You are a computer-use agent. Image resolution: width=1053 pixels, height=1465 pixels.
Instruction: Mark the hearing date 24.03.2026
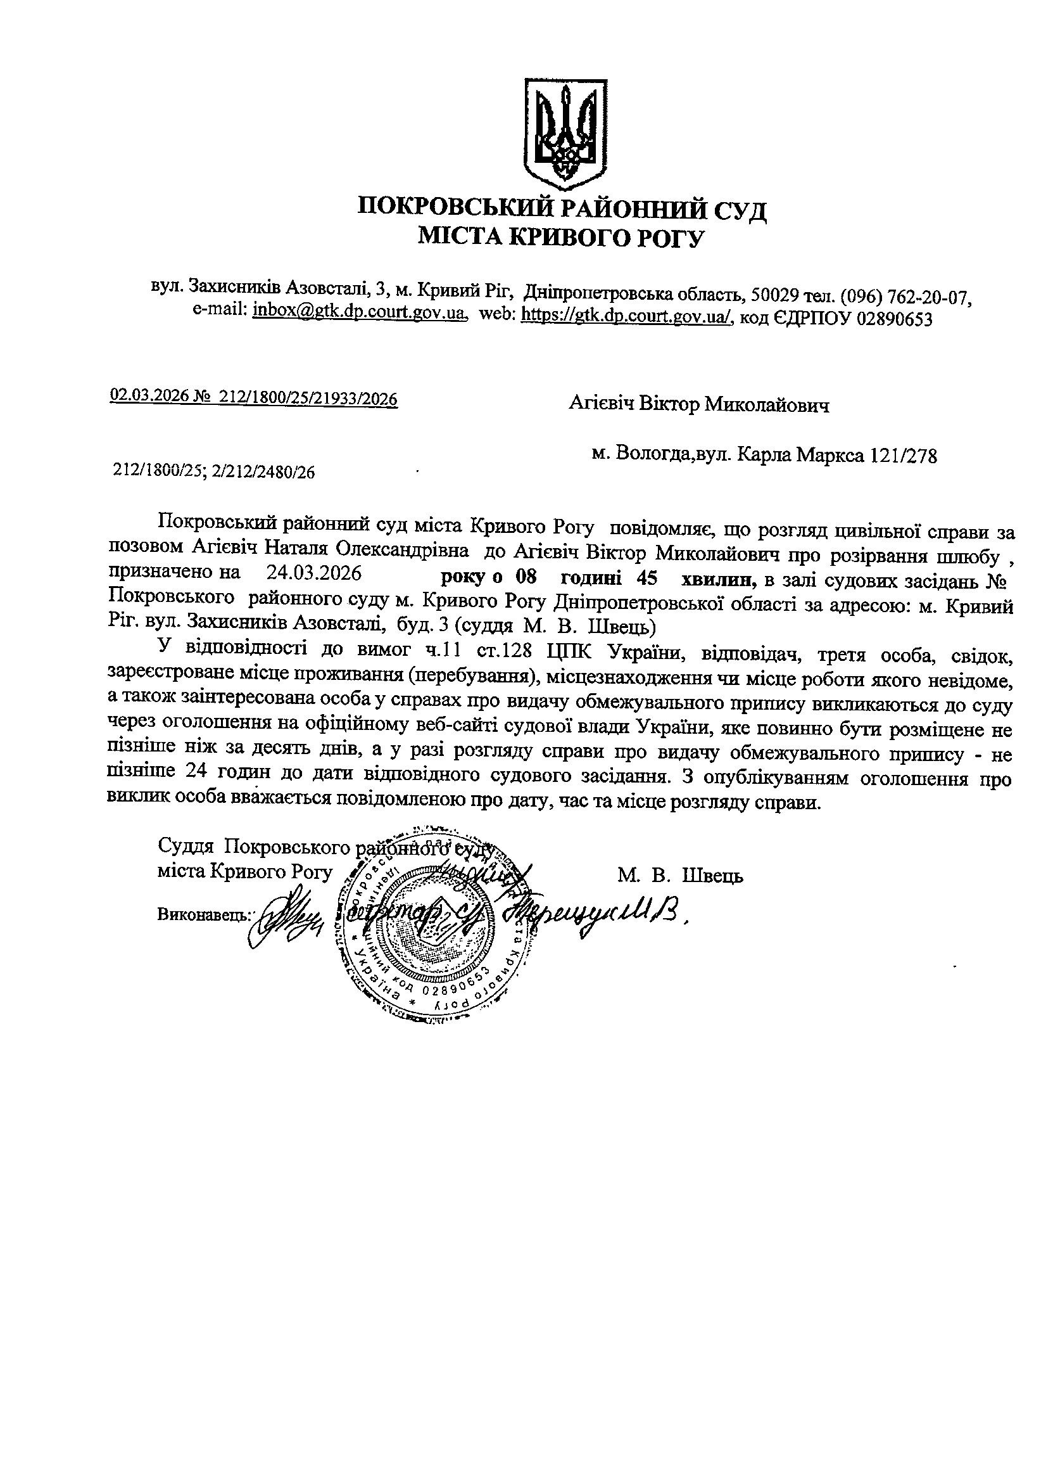[x=313, y=573]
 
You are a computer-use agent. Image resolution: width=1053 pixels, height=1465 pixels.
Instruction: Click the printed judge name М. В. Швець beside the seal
[x=679, y=876]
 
